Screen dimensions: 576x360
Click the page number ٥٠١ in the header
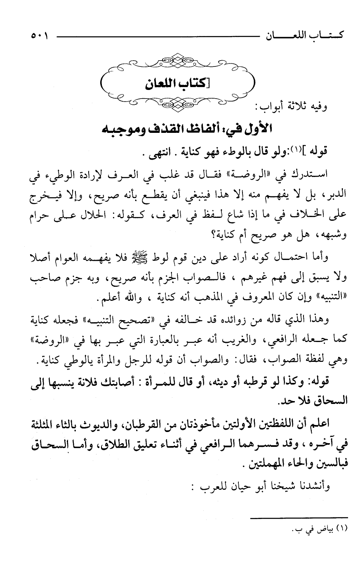click(39, 36)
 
